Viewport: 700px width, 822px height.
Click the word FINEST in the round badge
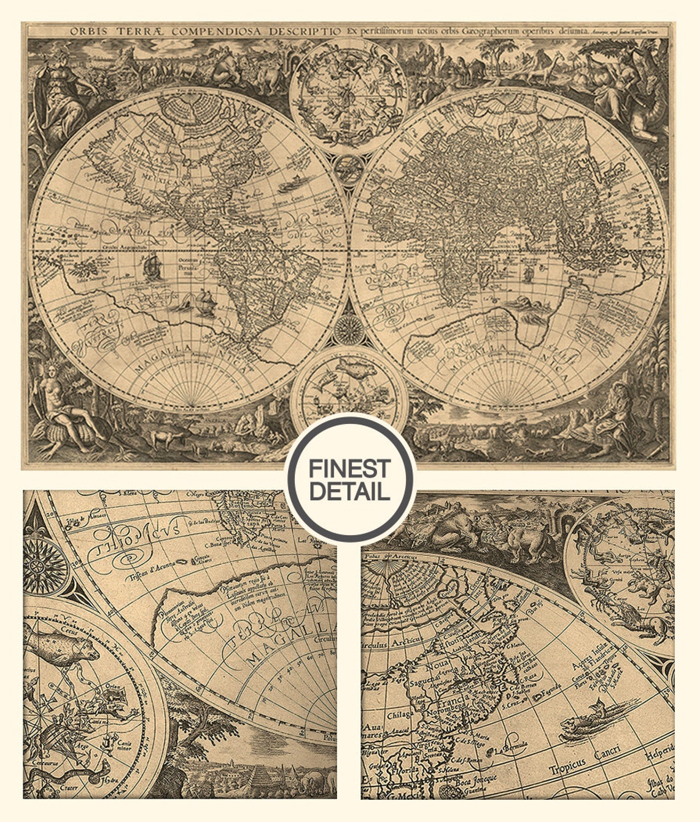(349, 469)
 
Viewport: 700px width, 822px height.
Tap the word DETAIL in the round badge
(349, 491)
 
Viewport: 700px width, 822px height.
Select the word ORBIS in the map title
(86, 31)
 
